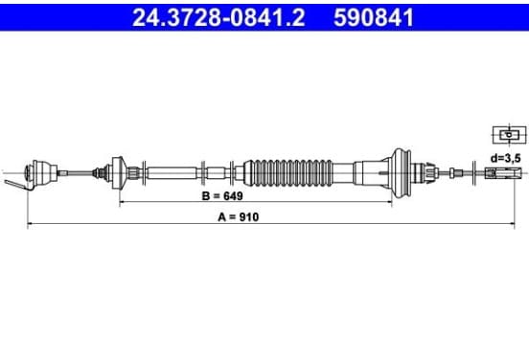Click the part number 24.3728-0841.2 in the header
(x=218, y=17)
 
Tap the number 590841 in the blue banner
(x=374, y=17)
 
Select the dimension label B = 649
(x=222, y=196)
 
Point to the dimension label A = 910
(x=239, y=217)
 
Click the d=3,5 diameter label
(x=505, y=158)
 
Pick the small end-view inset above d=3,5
(x=510, y=135)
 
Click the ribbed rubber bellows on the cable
(x=288, y=173)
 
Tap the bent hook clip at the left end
(x=17, y=185)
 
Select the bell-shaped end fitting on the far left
(x=41, y=172)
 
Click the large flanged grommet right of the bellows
(x=402, y=173)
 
